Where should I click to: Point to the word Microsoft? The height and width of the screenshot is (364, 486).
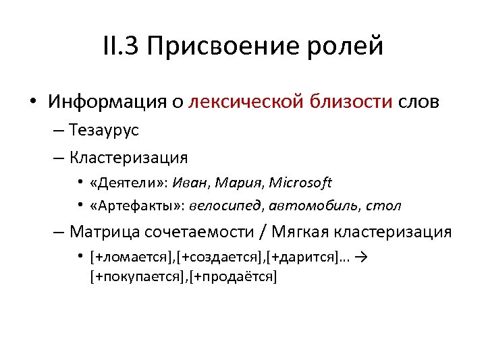coord(300,182)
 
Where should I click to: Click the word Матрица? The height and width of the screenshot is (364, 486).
coord(102,233)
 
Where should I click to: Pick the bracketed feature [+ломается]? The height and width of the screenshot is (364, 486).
coord(132,257)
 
